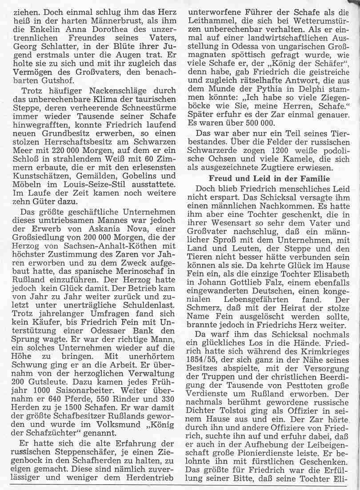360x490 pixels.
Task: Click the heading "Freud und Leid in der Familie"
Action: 265,179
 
